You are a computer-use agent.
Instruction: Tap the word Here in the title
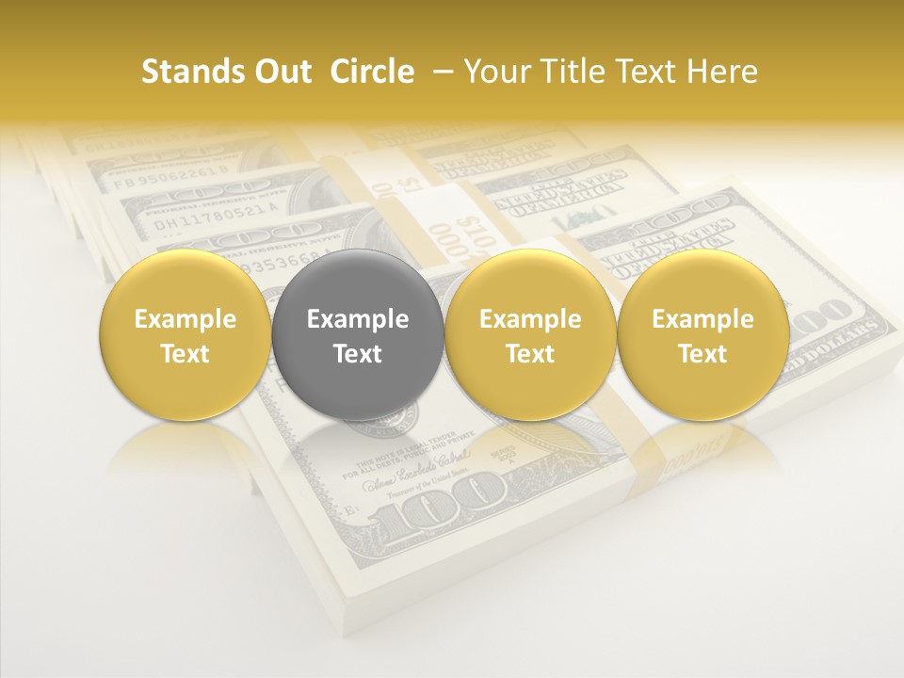[722, 72]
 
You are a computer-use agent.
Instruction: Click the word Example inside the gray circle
[358, 319]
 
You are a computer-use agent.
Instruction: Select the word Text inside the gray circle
[358, 354]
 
